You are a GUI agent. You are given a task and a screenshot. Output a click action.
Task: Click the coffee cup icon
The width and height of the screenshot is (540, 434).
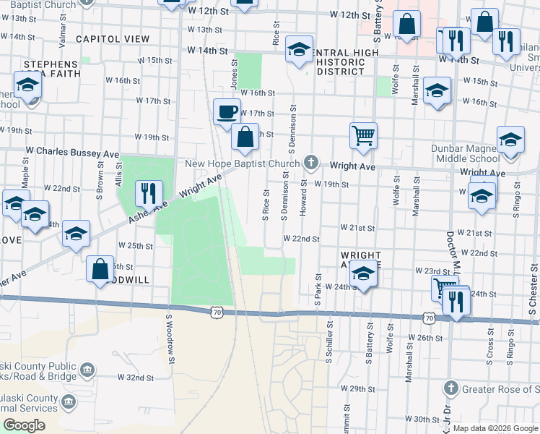[x=228, y=112]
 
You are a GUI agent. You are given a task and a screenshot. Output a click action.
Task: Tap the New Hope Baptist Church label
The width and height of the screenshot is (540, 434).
[x=242, y=163]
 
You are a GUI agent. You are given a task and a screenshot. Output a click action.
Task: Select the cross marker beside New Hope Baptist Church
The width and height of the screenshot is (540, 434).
[x=311, y=161]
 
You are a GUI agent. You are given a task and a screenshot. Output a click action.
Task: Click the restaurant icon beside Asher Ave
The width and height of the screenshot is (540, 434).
[x=148, y=192]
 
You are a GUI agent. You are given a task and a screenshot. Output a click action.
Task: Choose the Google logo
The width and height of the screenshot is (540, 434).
[x=25, y=425]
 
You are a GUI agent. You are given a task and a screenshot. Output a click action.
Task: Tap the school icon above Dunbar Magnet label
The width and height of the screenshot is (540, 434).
[x=510, y=139]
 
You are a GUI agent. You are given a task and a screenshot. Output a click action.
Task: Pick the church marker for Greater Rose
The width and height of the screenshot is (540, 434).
[x=452, y=388]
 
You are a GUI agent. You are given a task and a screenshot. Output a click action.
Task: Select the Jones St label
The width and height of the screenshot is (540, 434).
[x=234, y=75]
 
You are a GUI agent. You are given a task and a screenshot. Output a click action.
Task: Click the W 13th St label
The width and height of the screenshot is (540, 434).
[x=204, y=30]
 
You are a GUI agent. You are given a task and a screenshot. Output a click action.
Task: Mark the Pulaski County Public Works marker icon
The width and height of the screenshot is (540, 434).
[x=87, y=372]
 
